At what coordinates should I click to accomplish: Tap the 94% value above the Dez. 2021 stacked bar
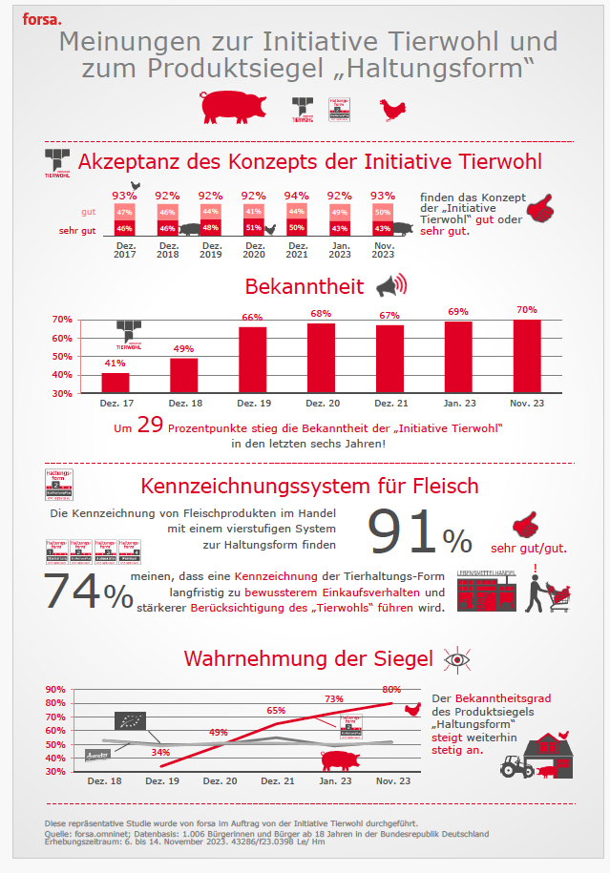tap(297, 196)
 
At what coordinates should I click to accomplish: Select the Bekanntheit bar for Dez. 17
tap(116, 383)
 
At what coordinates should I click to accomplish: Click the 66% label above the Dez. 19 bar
tap(252, 317)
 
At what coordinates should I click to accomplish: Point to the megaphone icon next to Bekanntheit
tap(391, 285)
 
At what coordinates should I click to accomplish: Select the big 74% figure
tap(88, 592)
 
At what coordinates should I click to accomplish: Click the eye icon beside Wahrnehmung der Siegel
tap(459, 658)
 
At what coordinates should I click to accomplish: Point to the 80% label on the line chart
tap(391, 689)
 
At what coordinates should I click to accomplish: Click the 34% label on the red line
tap(160, 753)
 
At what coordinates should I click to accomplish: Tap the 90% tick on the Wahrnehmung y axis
tap(54, 690)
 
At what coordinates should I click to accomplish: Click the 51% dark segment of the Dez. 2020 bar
tap(253, 228)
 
